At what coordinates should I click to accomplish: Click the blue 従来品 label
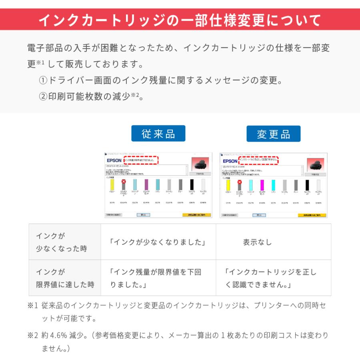[x=158, y=134]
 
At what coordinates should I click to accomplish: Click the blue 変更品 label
[x=274, y=134]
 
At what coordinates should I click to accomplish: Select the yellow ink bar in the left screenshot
[x=112, y=184]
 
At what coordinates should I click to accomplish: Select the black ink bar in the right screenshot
[x=307, y=185]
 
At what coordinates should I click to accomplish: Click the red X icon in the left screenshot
[x=124, y=182]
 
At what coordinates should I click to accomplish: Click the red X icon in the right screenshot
[x=240, y=182]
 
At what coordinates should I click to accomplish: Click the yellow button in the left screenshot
[x=196, y=215]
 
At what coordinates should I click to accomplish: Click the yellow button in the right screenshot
[x=312, y=215]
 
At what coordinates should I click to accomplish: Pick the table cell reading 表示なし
[x=257, y=242]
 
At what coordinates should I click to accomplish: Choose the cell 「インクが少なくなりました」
[x=158, y=242]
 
